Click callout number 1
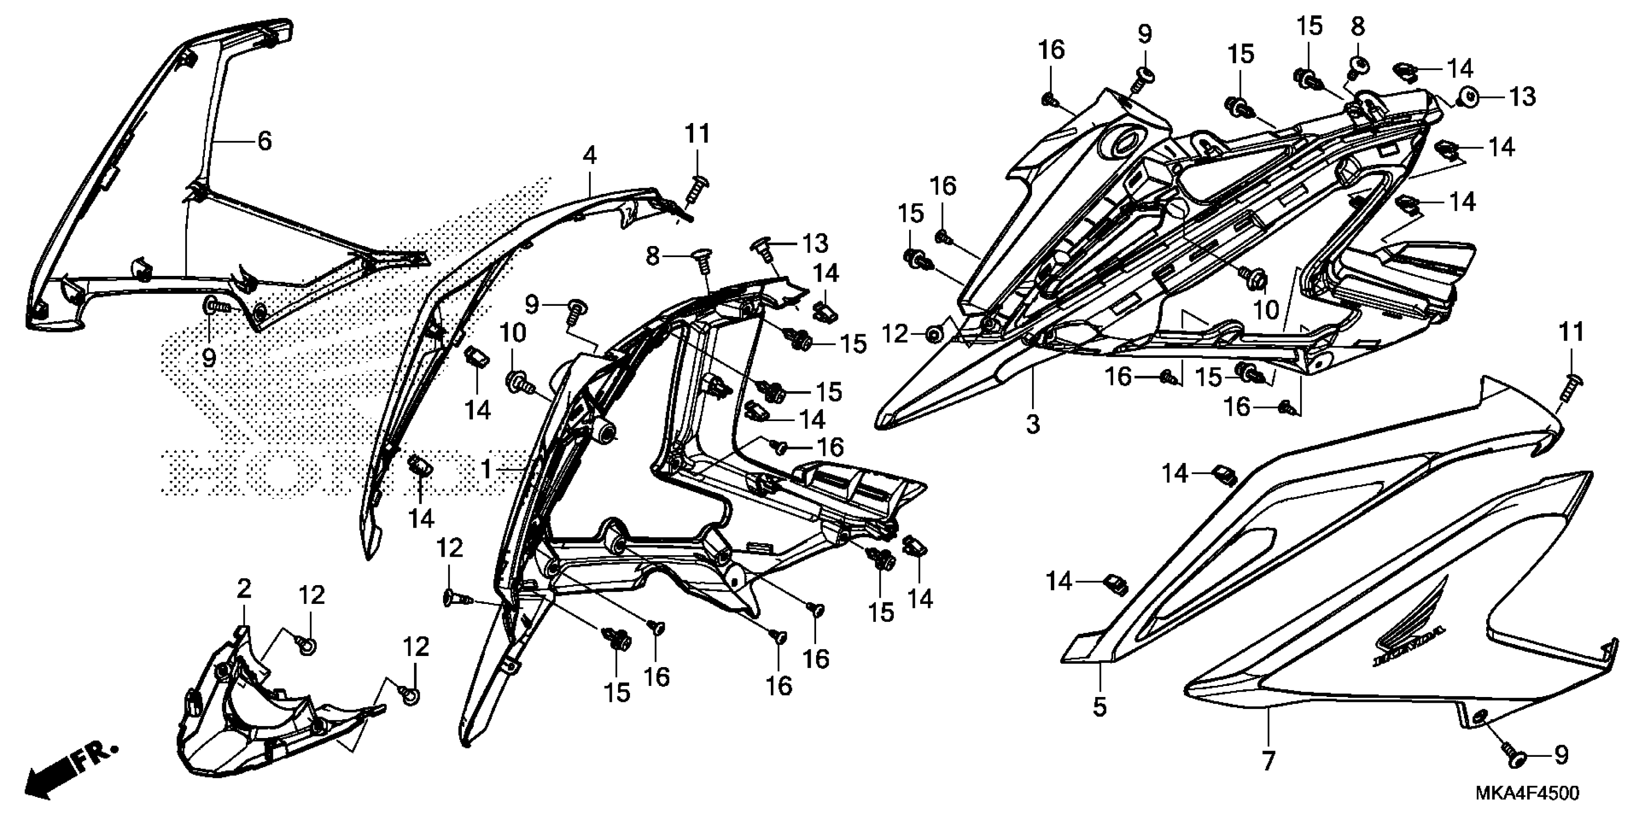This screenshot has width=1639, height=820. [486, 470]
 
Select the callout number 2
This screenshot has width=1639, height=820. [244, 589]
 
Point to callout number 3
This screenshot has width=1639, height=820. [1033, 424]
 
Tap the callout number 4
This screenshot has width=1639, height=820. [590, 155]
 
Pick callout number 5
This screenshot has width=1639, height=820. [1100, 707]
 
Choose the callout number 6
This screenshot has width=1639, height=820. [264, 141]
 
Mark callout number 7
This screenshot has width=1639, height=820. [1268, 761]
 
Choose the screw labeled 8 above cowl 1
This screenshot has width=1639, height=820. [701, 261]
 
